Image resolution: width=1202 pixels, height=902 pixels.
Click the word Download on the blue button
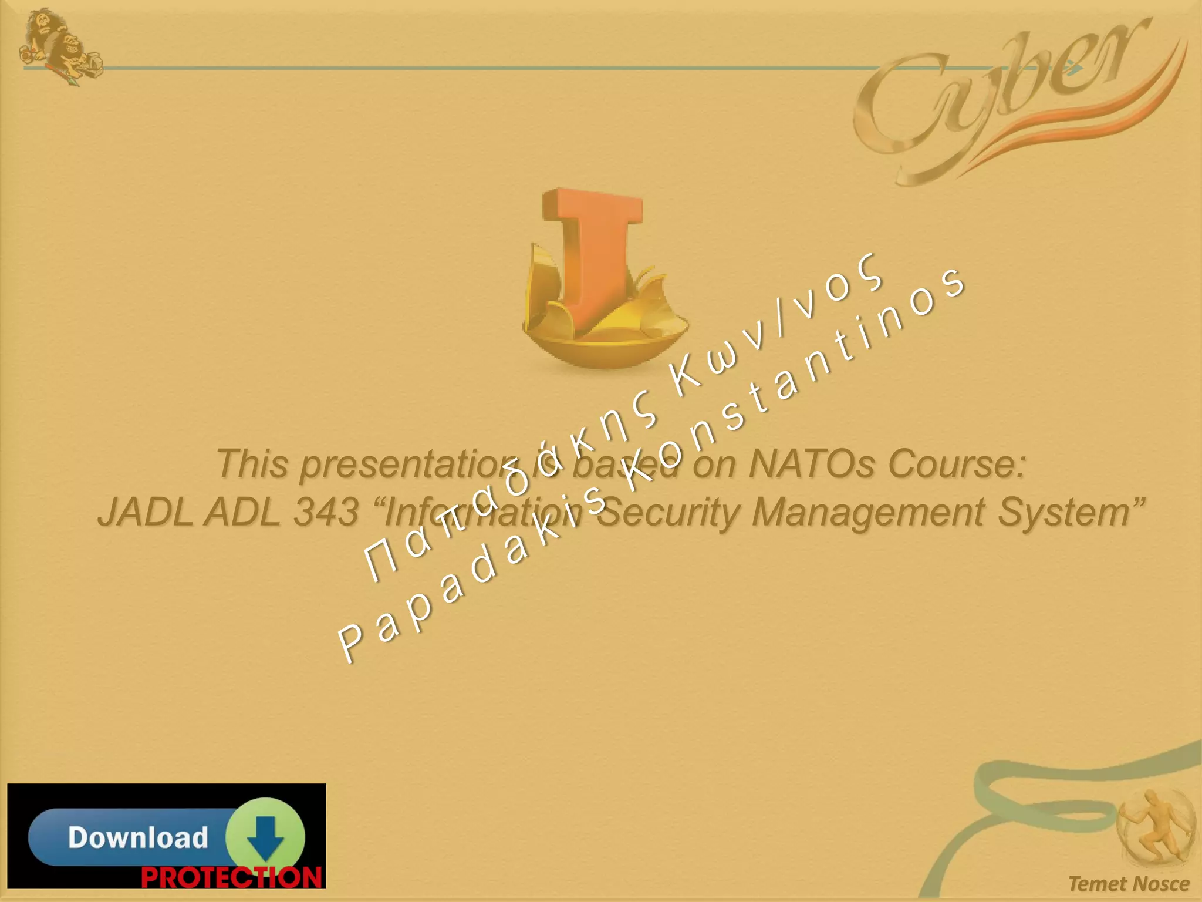pos(138,837)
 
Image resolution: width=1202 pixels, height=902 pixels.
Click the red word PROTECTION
pos(231,877)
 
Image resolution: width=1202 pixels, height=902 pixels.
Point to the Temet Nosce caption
pos(1128,884)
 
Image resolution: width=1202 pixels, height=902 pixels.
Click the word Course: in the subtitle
pos(957,464)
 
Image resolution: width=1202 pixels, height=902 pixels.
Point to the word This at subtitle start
pos(252,464)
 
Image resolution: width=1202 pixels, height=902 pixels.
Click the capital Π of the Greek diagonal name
pos(380,561)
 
